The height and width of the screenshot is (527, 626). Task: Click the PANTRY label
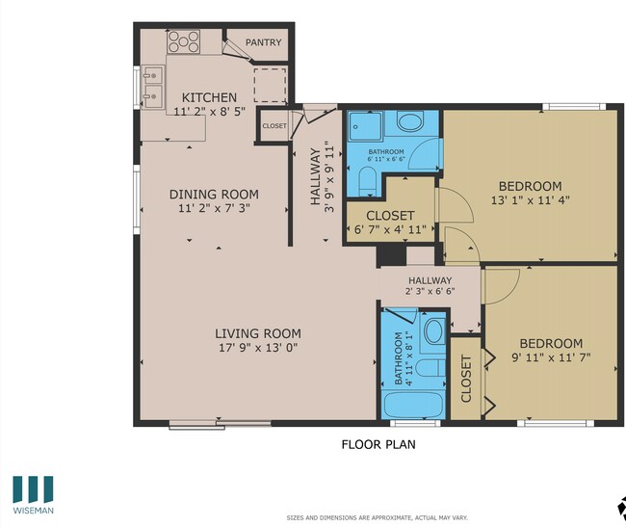[262, 42]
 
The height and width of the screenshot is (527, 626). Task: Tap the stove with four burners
[183, 42]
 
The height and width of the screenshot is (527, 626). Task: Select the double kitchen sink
[152, 84]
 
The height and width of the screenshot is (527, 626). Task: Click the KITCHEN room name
[209, 97]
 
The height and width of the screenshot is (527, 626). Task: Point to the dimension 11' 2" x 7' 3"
[218, 208]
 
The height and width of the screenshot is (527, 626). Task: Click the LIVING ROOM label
[257, 334]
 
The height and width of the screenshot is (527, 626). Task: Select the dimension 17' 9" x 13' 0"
[257, 351]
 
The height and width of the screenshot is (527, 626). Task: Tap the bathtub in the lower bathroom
[415, 404]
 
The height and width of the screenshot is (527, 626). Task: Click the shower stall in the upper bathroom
[365, 125]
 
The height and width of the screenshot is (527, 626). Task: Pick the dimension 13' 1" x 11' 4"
[530, 201]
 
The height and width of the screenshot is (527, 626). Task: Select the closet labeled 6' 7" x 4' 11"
[391, 223]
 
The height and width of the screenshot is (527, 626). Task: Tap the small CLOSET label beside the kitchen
[274, 126]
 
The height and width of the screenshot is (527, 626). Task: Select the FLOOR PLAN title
[378, 445]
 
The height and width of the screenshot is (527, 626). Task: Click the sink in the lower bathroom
[433, 331]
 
